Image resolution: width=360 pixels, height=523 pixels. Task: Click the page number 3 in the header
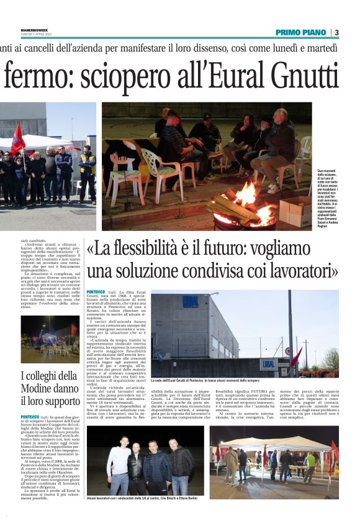336,32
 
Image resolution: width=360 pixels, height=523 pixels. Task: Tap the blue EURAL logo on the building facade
191,302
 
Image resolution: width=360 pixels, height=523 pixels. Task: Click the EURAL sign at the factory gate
269,364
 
